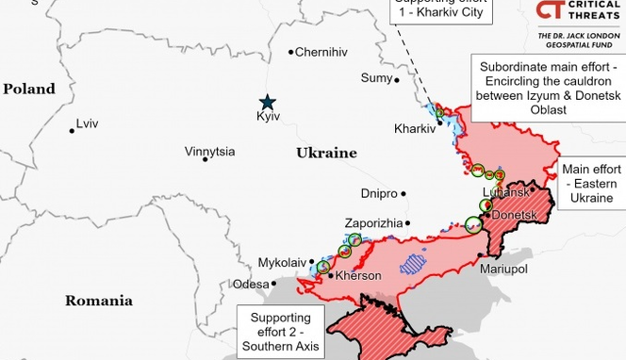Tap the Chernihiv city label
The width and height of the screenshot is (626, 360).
[x=321, y=53]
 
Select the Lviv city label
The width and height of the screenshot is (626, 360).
[x=87, y=124]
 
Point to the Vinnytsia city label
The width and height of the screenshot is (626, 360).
[x=209, y=151]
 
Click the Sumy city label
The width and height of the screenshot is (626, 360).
[x=376, y=77]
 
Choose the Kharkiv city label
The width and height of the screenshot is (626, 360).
[x=414, y=128]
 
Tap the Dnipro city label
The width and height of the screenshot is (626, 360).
[x=378, y=193]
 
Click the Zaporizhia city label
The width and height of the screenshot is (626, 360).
[x=374, y=223]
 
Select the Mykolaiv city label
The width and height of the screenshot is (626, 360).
[x=282, y=262]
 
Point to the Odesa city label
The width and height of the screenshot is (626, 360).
[x=250, y=284]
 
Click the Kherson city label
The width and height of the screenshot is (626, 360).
[x=358, y=276]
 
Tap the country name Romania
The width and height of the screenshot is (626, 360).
[x=98, y=301]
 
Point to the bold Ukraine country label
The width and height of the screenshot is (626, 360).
[x=326, y=153]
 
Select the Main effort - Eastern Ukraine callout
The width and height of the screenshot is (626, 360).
[x=591, y=183]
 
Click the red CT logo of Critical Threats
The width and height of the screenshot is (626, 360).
[x=552, y=11]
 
